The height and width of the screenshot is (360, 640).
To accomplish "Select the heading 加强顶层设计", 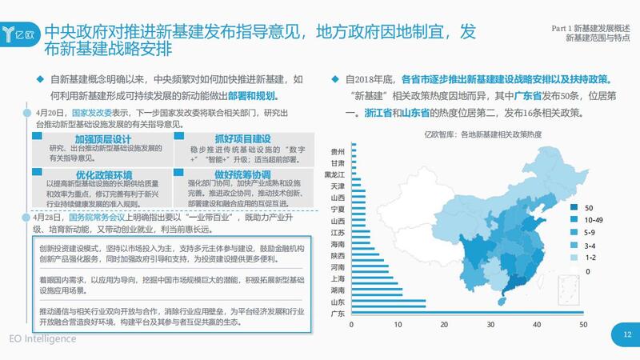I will (87, 139).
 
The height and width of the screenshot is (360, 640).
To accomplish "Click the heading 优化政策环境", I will (87, 174).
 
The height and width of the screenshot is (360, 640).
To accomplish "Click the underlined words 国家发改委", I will (90, 113).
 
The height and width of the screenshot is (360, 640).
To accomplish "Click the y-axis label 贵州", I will (338, 151).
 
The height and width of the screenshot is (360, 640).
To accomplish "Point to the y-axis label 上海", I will (338, 278).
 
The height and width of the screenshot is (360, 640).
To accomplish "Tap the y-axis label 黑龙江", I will (334, 174).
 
